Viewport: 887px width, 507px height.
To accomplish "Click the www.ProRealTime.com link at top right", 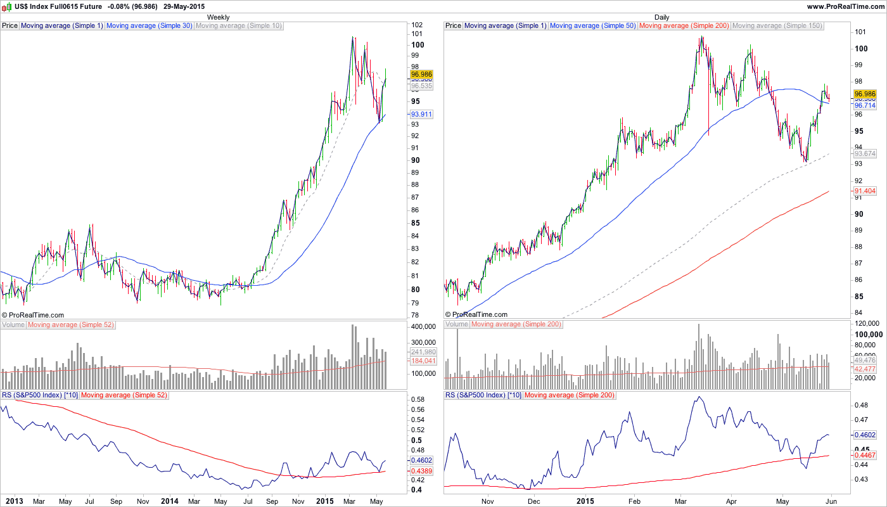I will pyautogui.click(x=846, y=6).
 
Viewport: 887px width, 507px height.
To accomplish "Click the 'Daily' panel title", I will pyautogui.click(x=661, y=17).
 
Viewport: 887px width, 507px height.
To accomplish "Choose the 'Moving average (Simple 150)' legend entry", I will pyautogui.click(x=777, y=26).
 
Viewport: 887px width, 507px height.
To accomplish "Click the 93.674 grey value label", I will pyautogui.click(x=865, y=154).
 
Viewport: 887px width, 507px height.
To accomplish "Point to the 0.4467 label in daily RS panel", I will pyautogui.click(x=865, y=455).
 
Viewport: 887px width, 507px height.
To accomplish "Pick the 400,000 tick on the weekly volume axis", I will pyautogui.click(x=422, y=326).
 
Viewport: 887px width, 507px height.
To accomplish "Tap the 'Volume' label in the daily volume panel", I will pyautogui.click(x=457, y=324).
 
